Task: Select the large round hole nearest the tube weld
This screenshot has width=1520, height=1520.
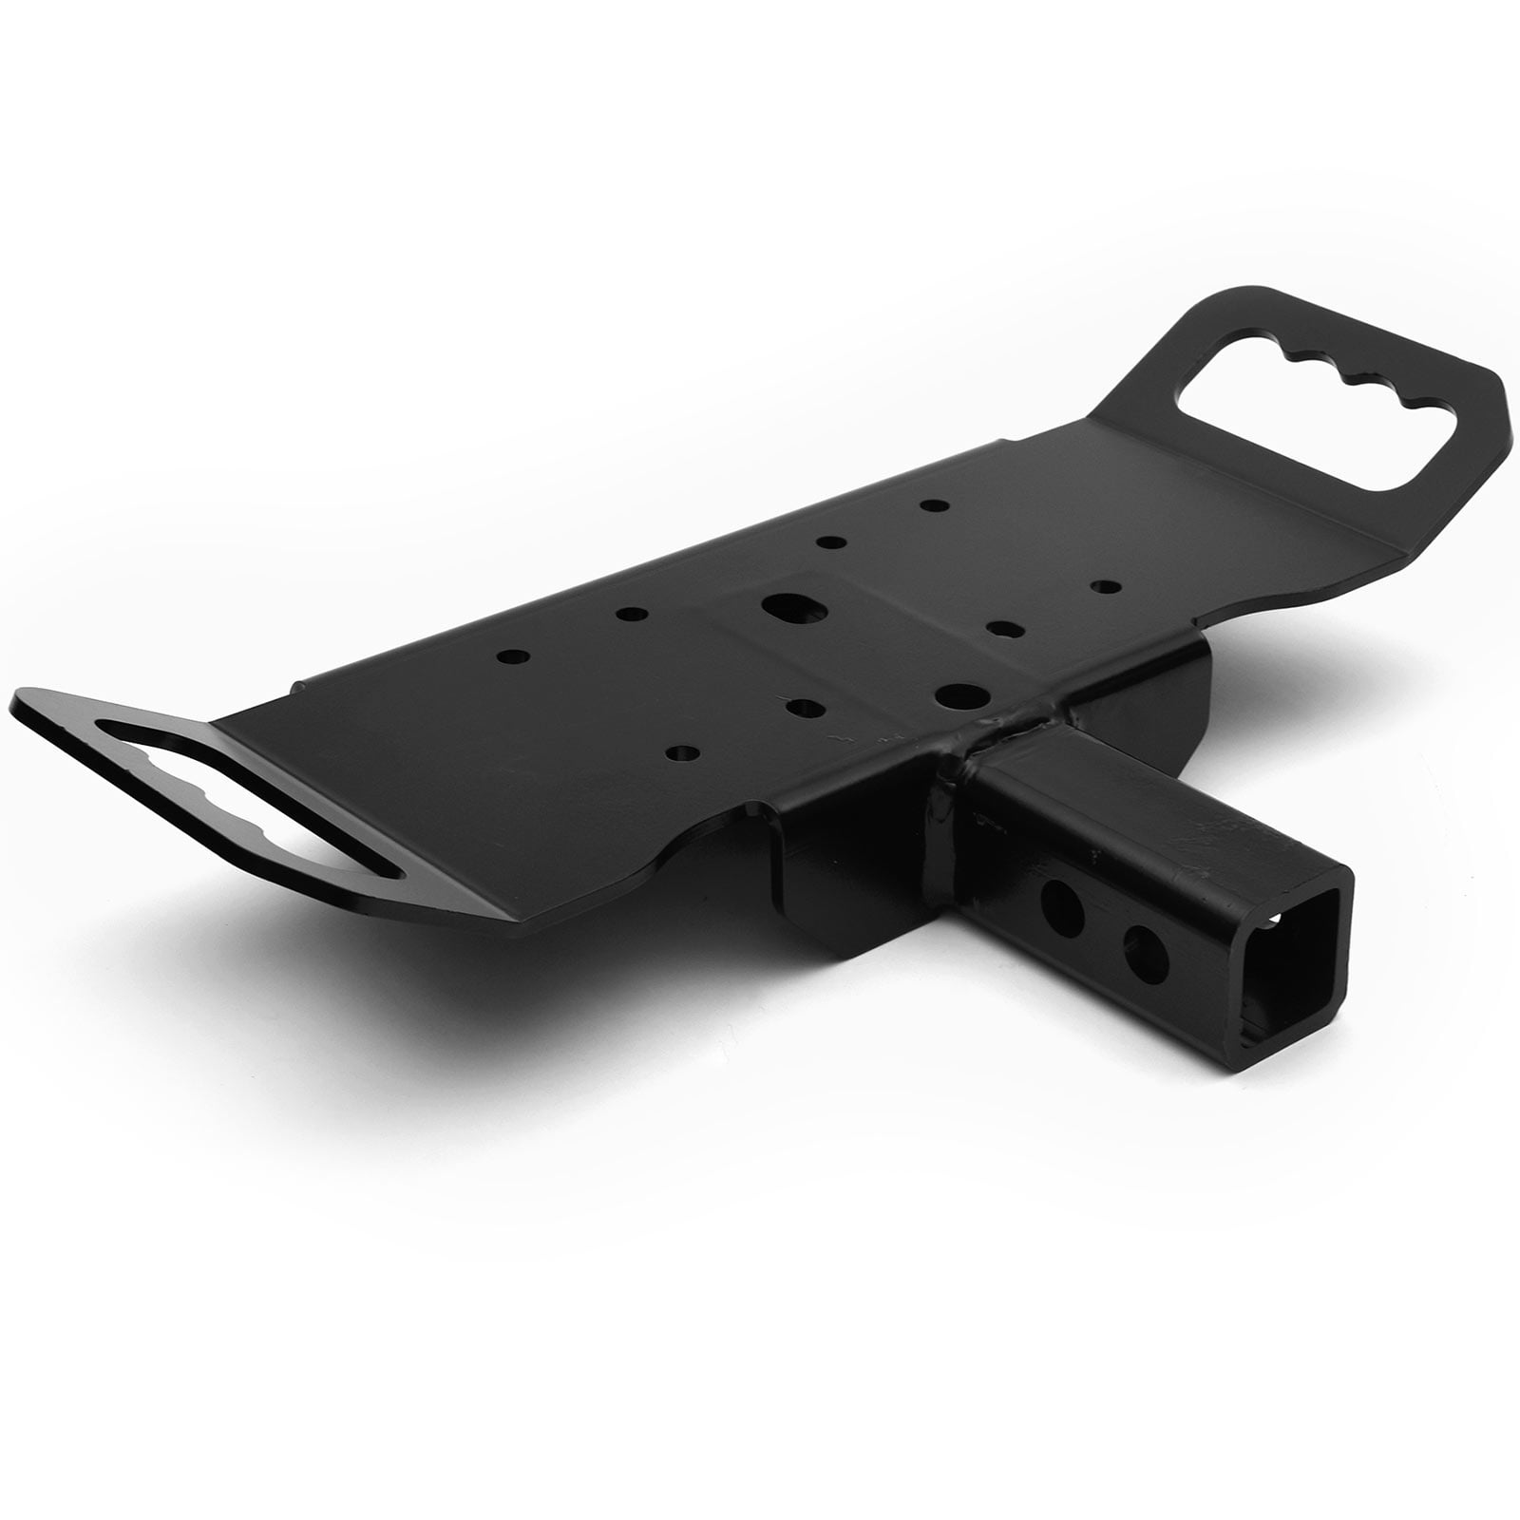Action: (951, 695)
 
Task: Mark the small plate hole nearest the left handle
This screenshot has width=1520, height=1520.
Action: (514, 656)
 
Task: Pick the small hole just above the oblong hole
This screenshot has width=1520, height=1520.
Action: (833, 543)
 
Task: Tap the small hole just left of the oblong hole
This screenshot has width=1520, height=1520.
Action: (627, 614)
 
